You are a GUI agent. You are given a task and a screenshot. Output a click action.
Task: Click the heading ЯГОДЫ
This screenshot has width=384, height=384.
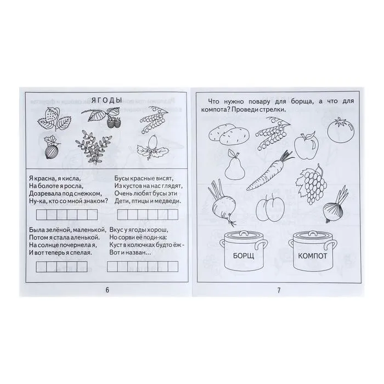[106, 100]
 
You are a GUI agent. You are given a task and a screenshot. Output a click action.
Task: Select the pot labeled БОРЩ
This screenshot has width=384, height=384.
[244, 252]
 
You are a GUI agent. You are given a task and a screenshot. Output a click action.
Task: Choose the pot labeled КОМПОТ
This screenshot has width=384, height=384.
[312, 252]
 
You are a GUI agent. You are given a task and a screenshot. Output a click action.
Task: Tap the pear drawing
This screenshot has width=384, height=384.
[235, 165]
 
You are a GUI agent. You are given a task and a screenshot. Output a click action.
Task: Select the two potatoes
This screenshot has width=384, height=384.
[229, 134]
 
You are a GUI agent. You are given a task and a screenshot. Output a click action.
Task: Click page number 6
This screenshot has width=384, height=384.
[107, 290]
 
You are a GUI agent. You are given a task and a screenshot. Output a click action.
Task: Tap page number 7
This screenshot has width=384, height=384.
[279, 290]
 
